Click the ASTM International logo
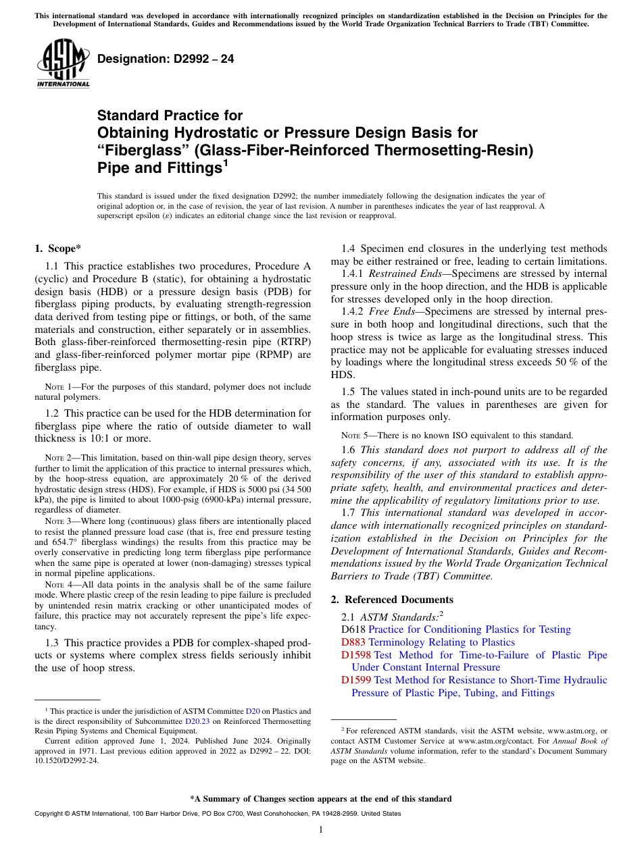point(62,64)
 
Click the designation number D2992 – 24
point(166,59)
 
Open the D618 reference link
point(353,629)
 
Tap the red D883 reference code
point(353,642)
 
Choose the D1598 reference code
point(356,655)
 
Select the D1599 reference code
point(356,680)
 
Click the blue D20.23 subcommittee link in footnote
point(195,721)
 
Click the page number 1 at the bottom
point(321,830)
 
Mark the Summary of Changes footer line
point(321,799)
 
